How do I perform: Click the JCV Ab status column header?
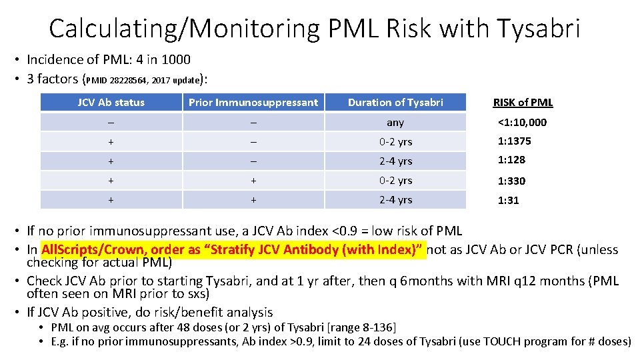coord(111,102)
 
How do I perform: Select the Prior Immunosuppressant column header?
coord(253,102)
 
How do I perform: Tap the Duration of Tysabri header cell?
coord(395,102)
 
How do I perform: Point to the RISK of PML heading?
coord(523,102)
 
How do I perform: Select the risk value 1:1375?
coord(514,141)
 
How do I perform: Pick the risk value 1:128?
coord(511,160)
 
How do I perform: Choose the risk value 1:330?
coord(511,181)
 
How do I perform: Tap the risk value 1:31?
coord(508,200)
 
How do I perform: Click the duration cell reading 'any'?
coord(395,122)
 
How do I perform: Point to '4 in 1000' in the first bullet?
coord(162,59)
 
